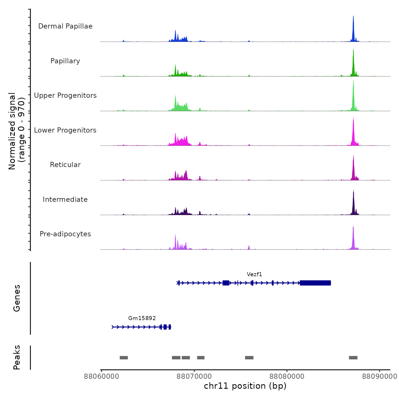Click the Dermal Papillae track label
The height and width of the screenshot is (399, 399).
coord(65,26)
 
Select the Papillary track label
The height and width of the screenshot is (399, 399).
coord(65,61)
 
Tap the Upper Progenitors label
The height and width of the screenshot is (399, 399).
coord(65,95)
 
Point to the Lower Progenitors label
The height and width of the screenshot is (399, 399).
coord(65,130)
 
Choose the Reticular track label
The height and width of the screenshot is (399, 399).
coord(65,165)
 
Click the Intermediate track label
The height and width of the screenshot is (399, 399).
coord(65,199)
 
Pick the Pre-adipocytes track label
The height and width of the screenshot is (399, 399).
coord(65,234)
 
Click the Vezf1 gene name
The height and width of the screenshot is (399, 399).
coord(254,274)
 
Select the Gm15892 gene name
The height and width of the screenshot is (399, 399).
coord(142,318)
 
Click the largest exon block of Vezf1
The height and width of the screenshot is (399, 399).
coord(315,283)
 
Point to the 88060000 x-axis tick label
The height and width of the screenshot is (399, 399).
coord(101,376)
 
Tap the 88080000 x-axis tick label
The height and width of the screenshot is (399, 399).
coord(287,376)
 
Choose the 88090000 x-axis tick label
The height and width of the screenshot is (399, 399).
coord(379,376)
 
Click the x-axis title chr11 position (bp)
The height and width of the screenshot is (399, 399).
coord(245,386)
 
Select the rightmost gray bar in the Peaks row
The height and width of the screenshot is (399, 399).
coord(353,358)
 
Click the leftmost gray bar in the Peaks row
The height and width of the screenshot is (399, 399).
coord(124,358)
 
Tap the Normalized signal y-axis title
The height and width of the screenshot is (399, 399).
coord(17,131)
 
